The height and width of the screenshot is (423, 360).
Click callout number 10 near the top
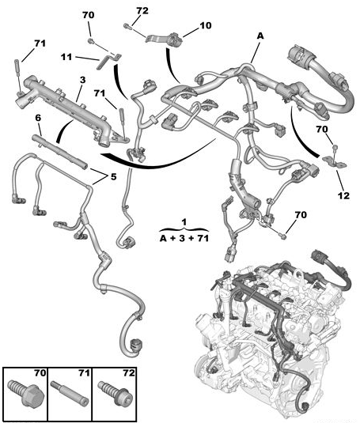click(x=206, y=25)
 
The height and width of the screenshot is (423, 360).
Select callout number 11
click(x=66, y=57)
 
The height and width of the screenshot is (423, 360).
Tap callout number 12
click(x=343, y=195)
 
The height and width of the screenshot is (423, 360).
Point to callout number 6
click(x=38, y=118)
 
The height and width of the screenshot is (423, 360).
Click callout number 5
click(x=113, y=176)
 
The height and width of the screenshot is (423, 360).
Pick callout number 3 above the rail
click(x=82, y=80)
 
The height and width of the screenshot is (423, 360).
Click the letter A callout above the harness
click(x=260, y=36)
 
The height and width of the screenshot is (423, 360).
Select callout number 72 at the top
click(x=142, y=11)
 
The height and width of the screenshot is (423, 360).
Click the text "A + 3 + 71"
click(x=184, y=239)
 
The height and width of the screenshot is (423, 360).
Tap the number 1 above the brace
click(x=184, y=222)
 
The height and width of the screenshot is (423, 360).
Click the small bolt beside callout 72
click(x=127, y=26)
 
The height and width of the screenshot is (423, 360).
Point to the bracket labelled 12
click(x=335, y=161)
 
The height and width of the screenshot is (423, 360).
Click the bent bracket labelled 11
click(x=108, y=62)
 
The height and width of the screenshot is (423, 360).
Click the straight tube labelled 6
click(x=59, y=153)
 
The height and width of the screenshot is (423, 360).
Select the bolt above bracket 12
click(x=335, y=147)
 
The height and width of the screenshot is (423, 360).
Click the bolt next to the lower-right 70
click(x=282, y=236)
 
